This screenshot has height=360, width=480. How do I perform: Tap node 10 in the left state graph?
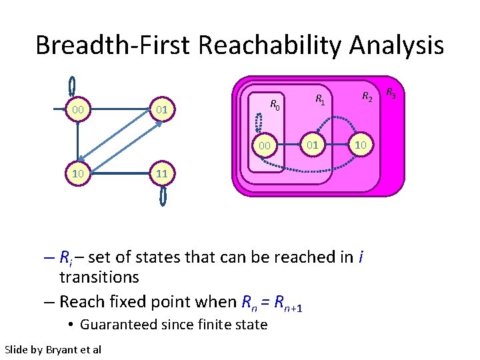pyautogui.click(x=78, y=174)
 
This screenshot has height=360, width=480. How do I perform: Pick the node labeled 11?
pyautogui.click(x=161, y=174)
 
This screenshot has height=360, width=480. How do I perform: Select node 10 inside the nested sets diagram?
pyautogui.click(x=360, y=145)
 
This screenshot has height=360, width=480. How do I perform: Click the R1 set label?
pyautogui.click(x=319, y=100)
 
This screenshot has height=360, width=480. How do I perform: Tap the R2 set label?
pyautogui.click(x=367, y=97)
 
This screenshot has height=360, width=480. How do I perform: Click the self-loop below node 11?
pyautogui.click(x=163, y=195)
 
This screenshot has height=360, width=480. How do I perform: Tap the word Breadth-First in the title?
pyautogui.click(x=113, y=45)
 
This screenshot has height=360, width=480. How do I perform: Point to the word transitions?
pyautogui.click(x=99, y=277)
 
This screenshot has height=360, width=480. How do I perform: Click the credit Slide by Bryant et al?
pyautogui.click(x=53, y=349)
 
